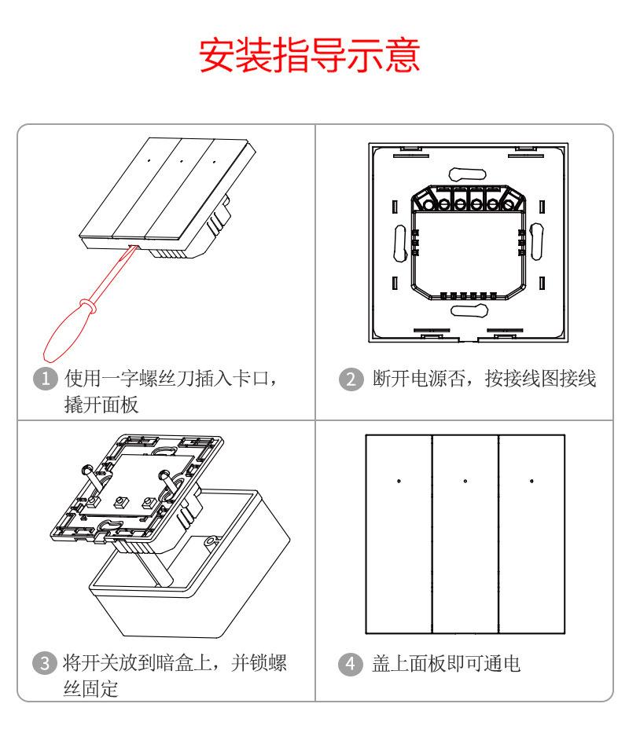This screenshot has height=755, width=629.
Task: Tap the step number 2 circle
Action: [347, 379]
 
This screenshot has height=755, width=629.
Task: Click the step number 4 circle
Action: [347, 663]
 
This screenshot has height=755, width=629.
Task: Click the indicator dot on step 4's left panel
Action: [399, 481]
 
